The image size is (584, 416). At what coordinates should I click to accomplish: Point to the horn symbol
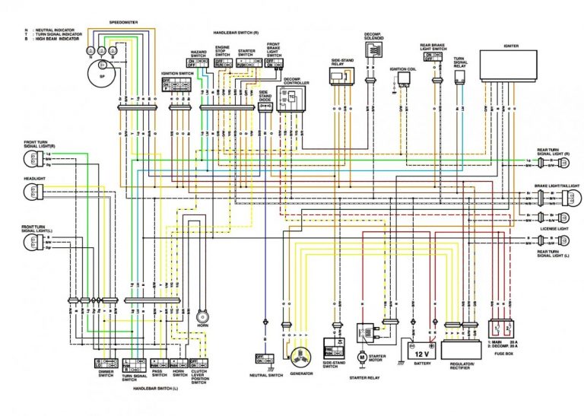pyautogui.click(x=202, y=316)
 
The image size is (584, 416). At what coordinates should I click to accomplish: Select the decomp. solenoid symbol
pyautogui.click(x=373, y=50)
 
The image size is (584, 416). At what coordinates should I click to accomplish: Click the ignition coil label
pyautogui.click(x=402, y=68)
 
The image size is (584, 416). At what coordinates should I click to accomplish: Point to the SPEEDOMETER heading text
pyautogui.click(x=124, y=24)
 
